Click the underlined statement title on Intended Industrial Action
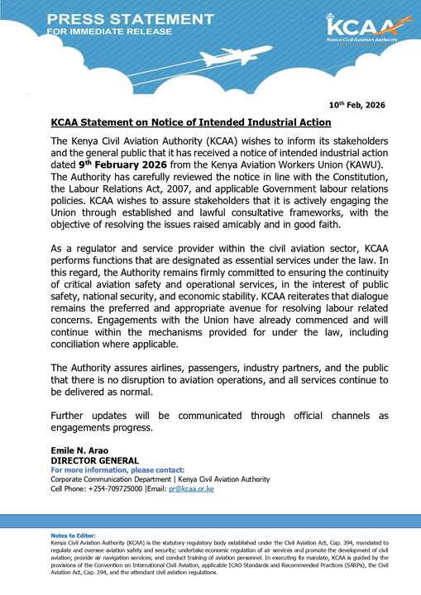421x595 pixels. point(191,122)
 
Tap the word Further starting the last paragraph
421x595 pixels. point(73,415)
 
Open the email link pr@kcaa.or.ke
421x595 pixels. point(191,488)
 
